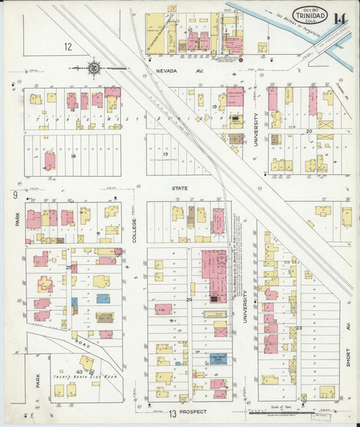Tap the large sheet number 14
click(340, 18)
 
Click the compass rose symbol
click(95, 68)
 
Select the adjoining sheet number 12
click(68, 47)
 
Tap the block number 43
click(79, 373)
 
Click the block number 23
click(299, 328)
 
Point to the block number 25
click(69, 268)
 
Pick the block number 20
click(309, 131)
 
